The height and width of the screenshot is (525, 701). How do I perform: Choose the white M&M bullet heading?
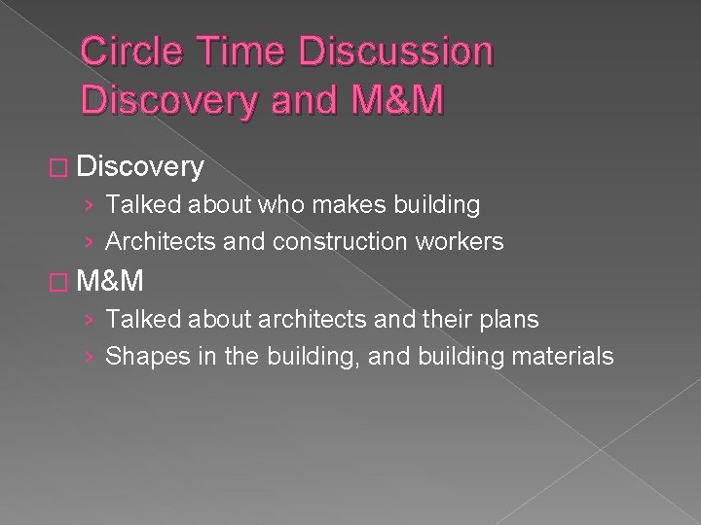(109, 282)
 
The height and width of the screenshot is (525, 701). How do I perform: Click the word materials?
(570, 356)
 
